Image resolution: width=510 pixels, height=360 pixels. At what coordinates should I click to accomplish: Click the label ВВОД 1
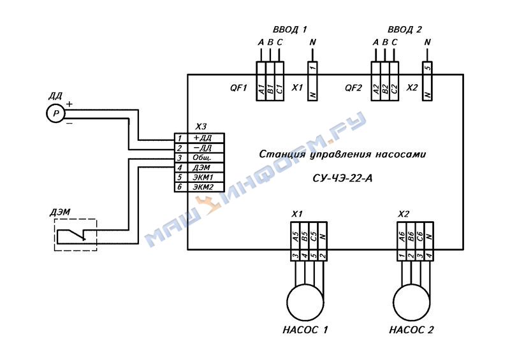pyautogui.click(x=289, y=29)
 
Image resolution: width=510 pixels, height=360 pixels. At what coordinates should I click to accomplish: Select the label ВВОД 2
pyautogui.click(x=405, y=29)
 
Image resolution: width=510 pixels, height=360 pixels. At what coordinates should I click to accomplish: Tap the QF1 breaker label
pyautogui.click(x=238, y=88)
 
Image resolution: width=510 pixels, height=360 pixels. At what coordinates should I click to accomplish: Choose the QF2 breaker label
pyautogui.click(x=353, y=88)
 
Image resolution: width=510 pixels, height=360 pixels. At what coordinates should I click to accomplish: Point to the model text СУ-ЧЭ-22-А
pyautogui.click(x=342, y=178)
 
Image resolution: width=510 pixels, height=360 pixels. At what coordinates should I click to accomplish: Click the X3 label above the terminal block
pyautogui.click(x=201, y=127)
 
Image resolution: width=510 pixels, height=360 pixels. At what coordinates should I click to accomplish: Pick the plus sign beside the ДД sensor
pyautogui.click(x=69, y=104)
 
